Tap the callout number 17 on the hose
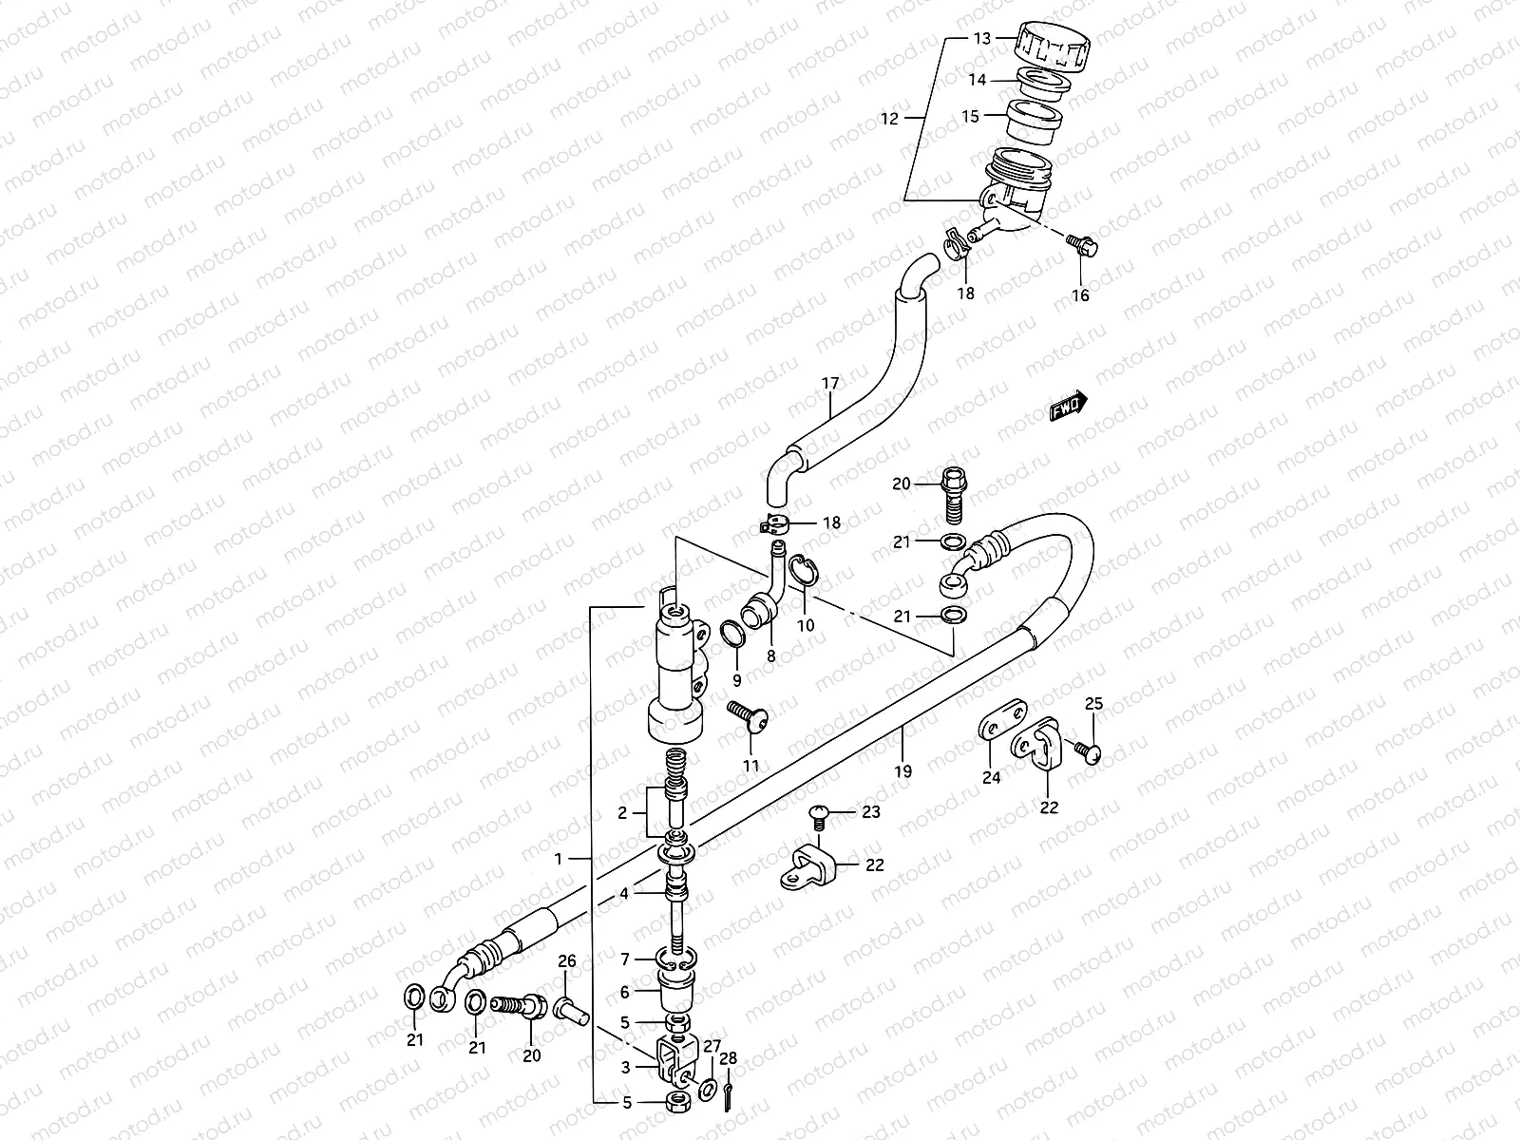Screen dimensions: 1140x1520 pos(830,384)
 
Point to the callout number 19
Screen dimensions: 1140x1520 pos(902,771)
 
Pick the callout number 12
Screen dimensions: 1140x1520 pos(889,120)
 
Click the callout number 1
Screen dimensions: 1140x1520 pos(560,858)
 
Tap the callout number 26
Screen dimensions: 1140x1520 pos(567,961)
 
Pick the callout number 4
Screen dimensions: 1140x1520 pos(624,893)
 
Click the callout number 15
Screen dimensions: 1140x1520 pos(970,117)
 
